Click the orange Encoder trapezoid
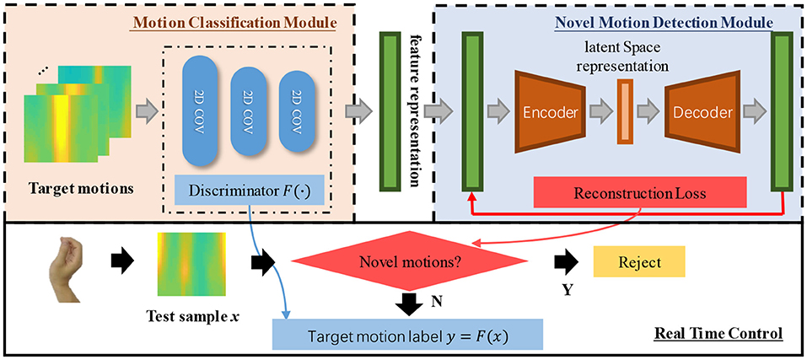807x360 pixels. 550,111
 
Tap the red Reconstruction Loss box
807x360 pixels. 640,194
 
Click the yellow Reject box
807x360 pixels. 640,262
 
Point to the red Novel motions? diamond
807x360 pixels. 410,263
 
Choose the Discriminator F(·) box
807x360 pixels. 250,193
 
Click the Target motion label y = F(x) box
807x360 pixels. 407,337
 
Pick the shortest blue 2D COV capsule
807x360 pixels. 297,110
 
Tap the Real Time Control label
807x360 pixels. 719,334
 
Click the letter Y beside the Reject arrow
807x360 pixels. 567,291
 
